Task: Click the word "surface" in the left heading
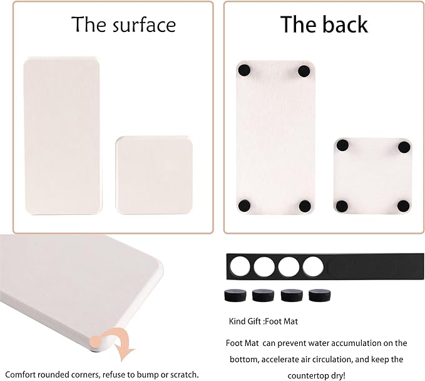pyautogui.click(x=144, y=24)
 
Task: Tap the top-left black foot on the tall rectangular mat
pyautogui.click(x=244, y=70)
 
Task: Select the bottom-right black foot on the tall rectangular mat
pyautogui.click(x=305, y=206)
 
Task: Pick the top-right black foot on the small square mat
pyautogui.click(x=404, y=147)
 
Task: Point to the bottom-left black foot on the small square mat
pyautogui.click(x=342, y=206)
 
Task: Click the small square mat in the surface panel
pyautogui.click(x=154, y=175)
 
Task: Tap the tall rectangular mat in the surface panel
pyautogui.click(x=63, y=136)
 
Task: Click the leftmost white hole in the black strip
pyautogui.click(x=240, y=266)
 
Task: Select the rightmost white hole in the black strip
pyautogui.click(x=313, y=266)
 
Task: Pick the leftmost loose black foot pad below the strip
pyautogui.click(x=235, y=295)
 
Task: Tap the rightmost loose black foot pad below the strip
pyautogui.click(x=320, y=295)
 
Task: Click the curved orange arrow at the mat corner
pyautogui.click(x=120, y=342)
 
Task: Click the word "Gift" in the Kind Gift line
pyautogui.click(x=255, y=321)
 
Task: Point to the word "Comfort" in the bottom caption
pyautogui.click(x=20, y=375)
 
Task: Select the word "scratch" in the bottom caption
pyautogui.click(x=183, y=375)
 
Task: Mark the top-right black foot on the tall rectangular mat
pyautogui.click(x=304, y=71)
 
